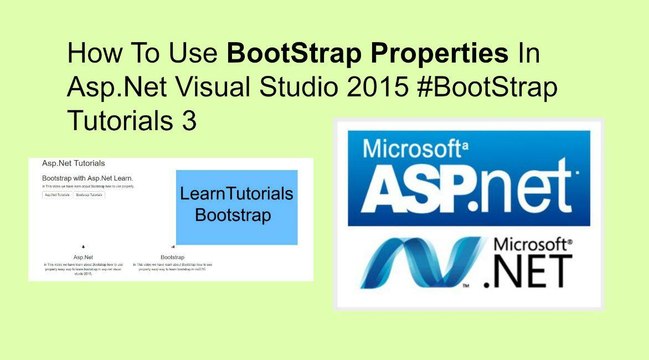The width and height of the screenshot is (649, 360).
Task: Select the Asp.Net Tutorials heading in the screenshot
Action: (73, 163)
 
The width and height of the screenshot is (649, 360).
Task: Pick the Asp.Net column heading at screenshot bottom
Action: (84, 256)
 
